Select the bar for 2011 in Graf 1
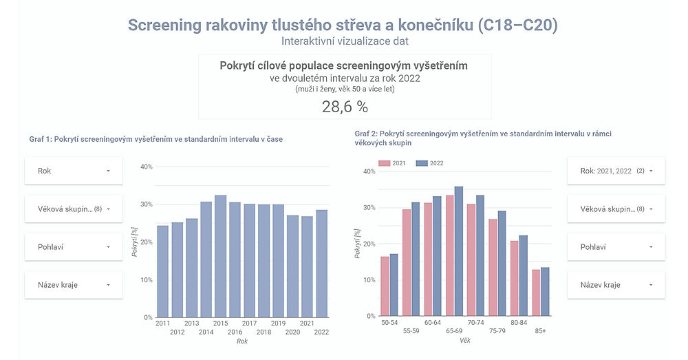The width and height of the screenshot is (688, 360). coord(162,271)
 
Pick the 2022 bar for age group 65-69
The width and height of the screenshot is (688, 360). coord(459,252)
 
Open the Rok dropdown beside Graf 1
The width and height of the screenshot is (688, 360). coord(74,171)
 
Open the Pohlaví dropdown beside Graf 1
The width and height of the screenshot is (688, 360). coord(74,246)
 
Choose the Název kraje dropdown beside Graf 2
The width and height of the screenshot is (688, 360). coord(616,285)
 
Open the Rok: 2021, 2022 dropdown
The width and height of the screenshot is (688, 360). coord(616,171)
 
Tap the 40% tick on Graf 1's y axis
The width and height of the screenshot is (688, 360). coord(146,167)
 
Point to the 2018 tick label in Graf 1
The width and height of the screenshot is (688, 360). coord(264,332)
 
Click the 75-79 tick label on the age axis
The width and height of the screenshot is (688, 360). coord(497,331)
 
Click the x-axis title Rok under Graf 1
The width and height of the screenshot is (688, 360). coord(241,341)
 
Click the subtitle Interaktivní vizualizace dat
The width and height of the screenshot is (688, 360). coord(345,41)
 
